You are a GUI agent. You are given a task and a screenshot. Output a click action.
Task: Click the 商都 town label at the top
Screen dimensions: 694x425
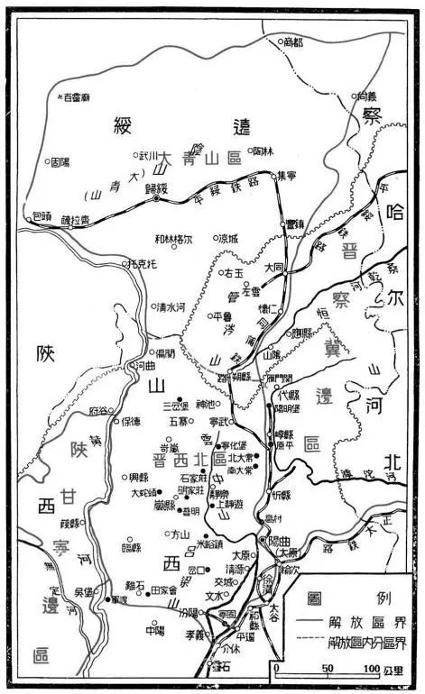[x=294, y=41]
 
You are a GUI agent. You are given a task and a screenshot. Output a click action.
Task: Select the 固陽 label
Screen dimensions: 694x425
[x=60, y=162]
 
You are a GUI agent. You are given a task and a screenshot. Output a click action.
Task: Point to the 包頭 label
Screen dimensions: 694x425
[x=42, y=216]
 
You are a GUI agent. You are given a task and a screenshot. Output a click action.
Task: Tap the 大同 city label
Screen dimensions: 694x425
[x=275, y=268]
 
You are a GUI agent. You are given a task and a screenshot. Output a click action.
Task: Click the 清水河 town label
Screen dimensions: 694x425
[x=171, y=306]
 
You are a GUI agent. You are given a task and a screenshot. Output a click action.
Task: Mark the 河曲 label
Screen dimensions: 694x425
[x=145, y=365]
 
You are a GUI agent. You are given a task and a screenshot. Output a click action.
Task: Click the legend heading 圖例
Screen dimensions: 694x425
[x=346, y=596]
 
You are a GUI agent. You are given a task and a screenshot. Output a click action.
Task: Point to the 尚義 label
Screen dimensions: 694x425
[x=366, y=95]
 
